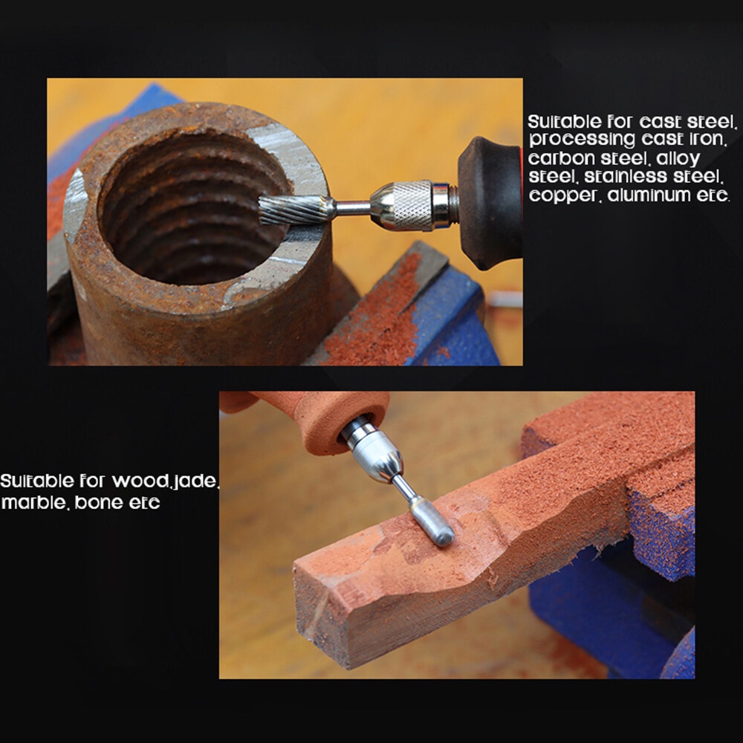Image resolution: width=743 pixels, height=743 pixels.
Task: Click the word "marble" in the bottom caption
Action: [33, 502]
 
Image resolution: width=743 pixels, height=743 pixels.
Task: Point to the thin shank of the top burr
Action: [353, 207]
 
